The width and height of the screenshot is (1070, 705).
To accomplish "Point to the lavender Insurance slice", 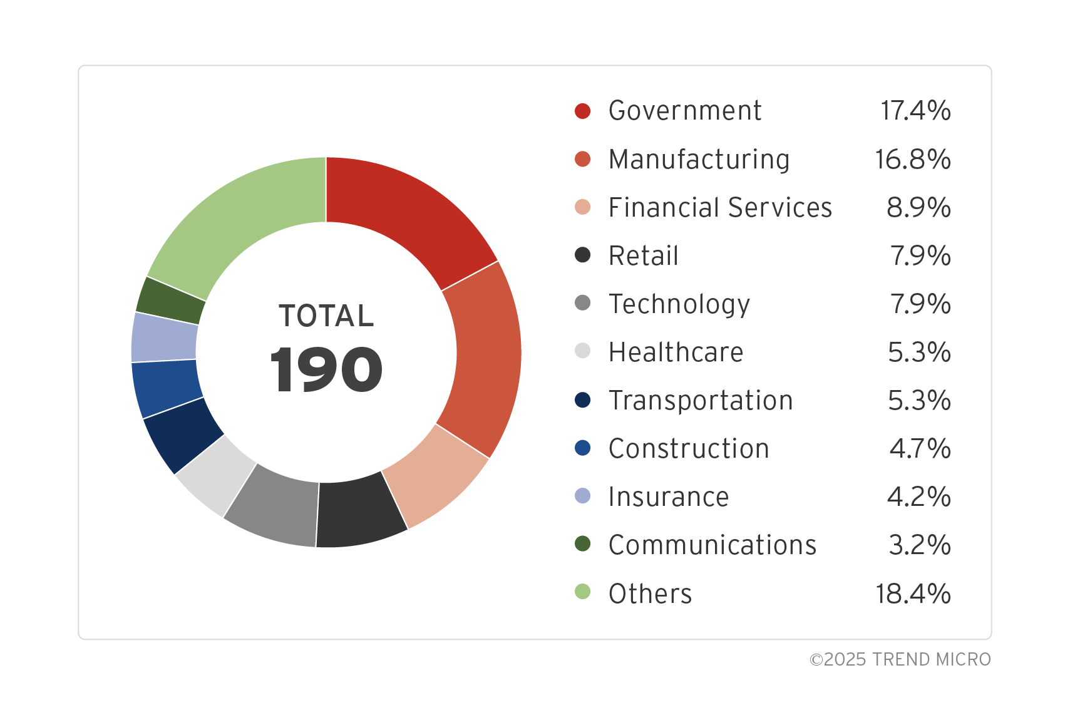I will pos(164,337).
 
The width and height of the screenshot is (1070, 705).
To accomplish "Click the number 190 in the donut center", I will pos(326,371).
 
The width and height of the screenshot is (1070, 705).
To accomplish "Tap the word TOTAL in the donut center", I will pos(326,316).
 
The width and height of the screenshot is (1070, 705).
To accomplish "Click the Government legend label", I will pos(685,111).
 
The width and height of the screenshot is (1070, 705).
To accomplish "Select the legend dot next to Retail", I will pos(582,255).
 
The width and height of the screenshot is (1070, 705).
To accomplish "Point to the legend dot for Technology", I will pos(582,304).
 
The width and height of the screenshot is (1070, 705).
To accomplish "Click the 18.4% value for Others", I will pos(913,594).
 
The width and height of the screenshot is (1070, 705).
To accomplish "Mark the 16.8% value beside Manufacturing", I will pos(913,159).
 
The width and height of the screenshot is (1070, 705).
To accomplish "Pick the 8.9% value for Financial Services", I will pos(918,207).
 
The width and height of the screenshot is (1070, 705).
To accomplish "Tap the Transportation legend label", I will pos(701,401).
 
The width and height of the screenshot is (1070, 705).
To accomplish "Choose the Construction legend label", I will pos(689,449).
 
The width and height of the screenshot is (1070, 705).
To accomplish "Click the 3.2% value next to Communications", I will pos(919,545).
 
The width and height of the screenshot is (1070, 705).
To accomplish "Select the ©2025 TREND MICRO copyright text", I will pos(900,659).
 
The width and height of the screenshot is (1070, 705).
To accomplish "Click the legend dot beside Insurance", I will pos(582,497).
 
